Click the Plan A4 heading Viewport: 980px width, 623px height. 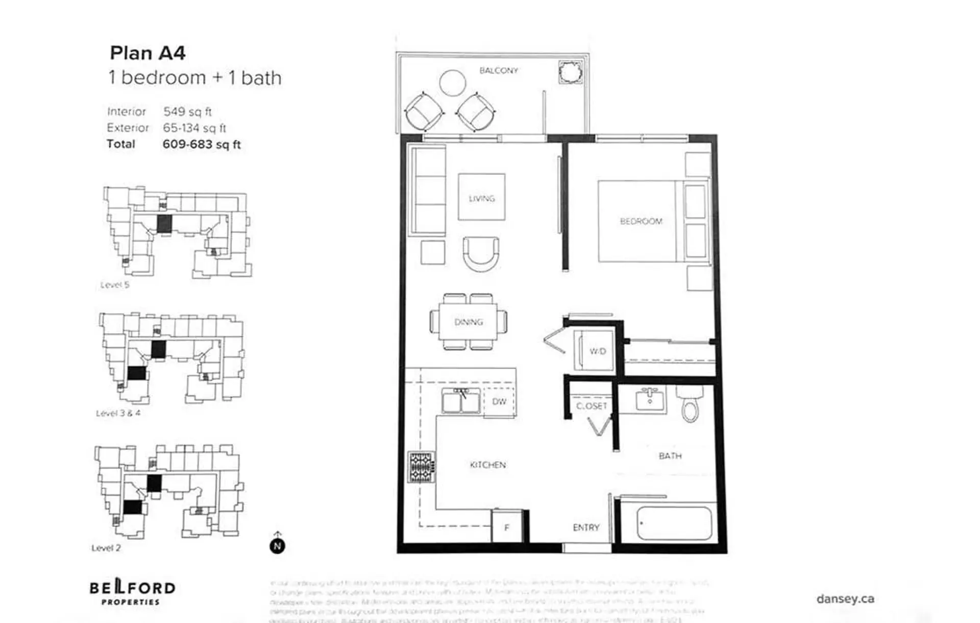pos(148,53)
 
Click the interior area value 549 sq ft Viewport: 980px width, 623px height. pos(187,111)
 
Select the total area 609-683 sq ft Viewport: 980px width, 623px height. pos(201,145)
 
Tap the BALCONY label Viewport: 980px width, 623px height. pos(498,70)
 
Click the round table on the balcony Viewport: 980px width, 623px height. pos(452,83)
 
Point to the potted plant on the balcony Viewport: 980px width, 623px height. pos(570,72)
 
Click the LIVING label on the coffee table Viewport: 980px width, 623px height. pos(481,198)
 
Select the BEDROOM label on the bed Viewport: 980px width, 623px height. pos(641,221)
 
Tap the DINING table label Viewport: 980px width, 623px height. pos(468,322)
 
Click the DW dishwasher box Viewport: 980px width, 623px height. pos(499,402)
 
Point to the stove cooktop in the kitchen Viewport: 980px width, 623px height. pos(421,467)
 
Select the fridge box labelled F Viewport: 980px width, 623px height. pos(507,527)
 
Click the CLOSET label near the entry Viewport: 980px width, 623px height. pos(591,406)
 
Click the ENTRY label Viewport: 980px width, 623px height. pos(585,528)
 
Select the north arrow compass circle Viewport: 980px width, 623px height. pos(277,546)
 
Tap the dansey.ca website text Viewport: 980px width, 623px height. pos(845,598)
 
